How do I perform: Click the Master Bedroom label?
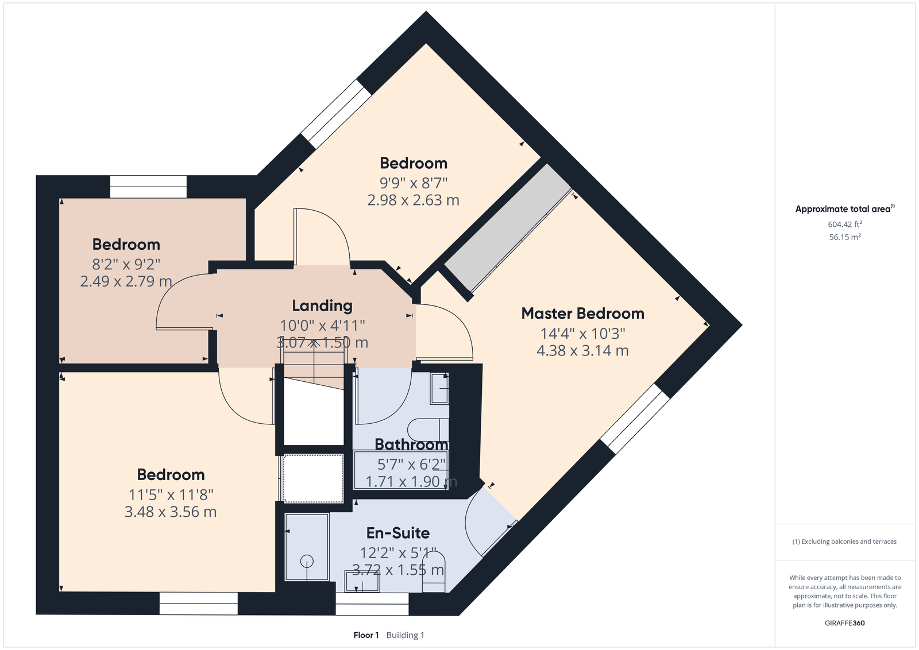point(582,314)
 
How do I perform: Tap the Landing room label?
point(322,306)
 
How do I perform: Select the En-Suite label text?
point(398,533)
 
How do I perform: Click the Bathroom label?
point(411,444)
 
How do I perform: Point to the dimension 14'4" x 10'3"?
point(582,334)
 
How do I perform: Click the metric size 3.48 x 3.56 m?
point(171,512)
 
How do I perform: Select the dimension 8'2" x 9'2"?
point(126,265)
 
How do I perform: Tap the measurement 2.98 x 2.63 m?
point(413,200)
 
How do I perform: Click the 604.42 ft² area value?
point(845,225)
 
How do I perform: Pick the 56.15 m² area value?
point(845,237)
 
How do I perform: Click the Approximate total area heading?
point(845,209)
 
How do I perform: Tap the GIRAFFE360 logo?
point(845,623)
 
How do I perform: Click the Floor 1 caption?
point(366,635)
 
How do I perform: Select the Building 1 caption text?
point(406,635)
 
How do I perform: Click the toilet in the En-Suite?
point(434,572)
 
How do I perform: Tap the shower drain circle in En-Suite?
point(307,560)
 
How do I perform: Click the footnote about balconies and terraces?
point(844,541)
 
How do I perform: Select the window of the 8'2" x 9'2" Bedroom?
point(148,187)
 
